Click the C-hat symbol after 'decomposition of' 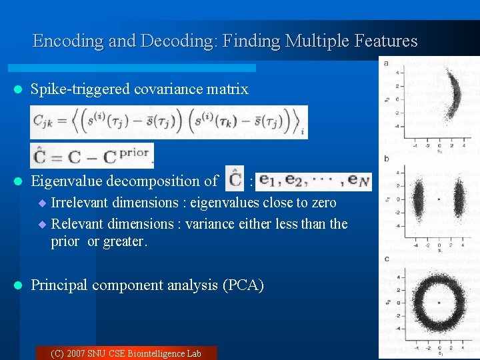pos(234,180)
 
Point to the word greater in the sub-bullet pos(126,241)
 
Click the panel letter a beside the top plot pos(387,63)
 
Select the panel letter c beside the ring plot pos(387,258)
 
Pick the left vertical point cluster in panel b pos(419,197)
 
